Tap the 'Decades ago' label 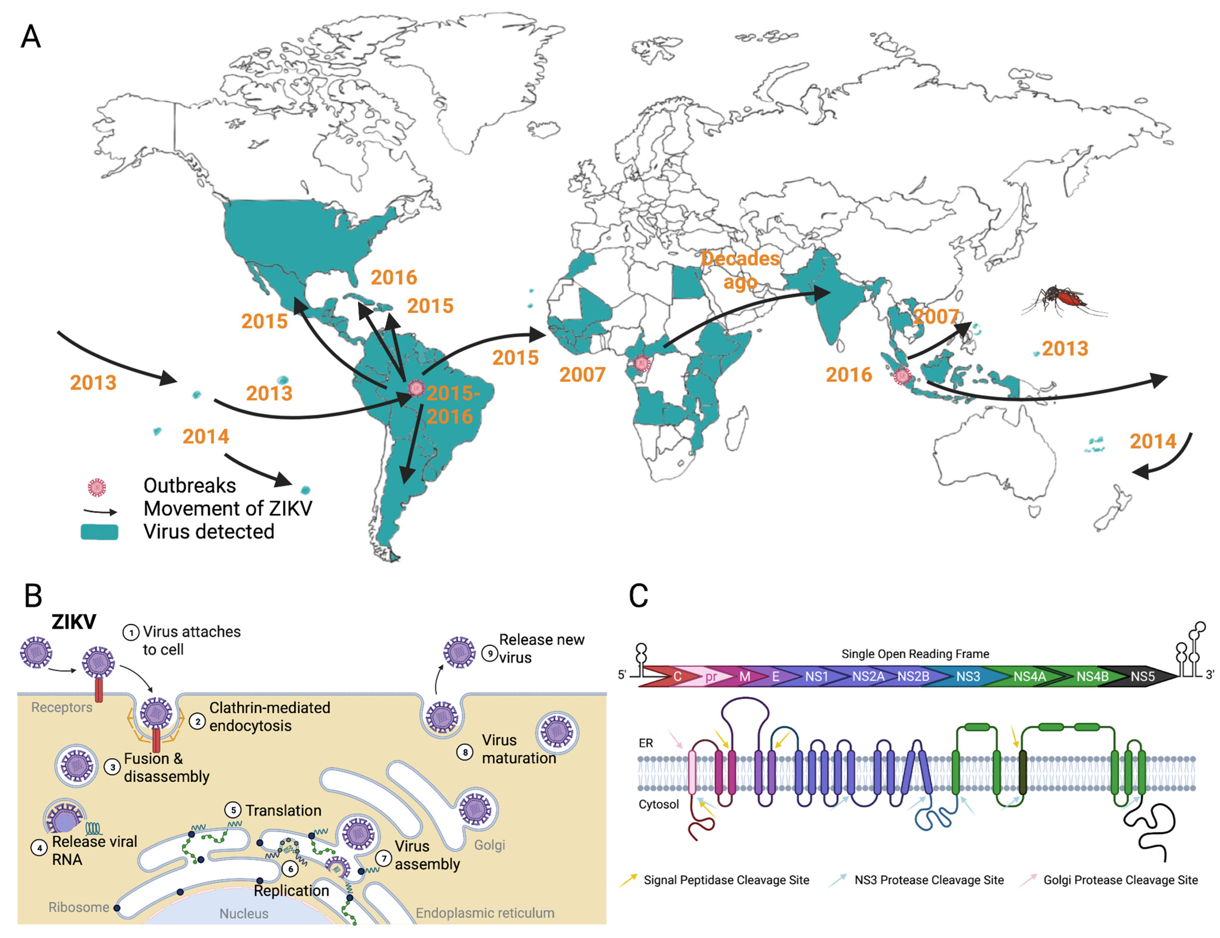coord(741,270)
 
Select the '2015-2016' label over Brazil coord(452,404)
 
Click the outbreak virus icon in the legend coord(97,487)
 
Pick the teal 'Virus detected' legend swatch coord(99,532)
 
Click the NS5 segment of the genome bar coord(1142,677)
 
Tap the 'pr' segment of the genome coord(711,677)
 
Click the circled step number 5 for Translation coord(233,810)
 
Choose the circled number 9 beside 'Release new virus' coord(490,653)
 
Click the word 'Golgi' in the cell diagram coord(490,845)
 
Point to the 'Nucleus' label coord(244,913)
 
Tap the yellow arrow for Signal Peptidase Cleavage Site coord(628,880)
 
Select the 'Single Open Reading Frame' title coord(915,654)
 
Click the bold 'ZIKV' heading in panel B coord(74,622)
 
